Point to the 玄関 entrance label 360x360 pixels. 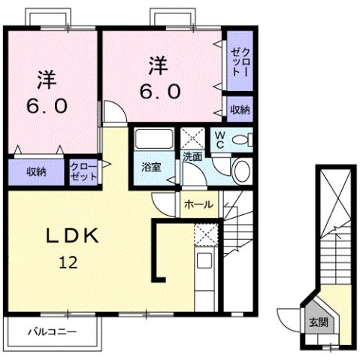coord(318,322)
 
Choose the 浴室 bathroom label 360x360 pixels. coord(152,168)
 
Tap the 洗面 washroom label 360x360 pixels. coord(192,158)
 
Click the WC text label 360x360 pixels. coord(220,140)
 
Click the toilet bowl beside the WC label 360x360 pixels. coord(242,139)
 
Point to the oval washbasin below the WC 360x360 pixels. coord(242,170)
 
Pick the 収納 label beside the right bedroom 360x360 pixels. coord(240,110)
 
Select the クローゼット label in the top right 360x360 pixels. coord(240,62)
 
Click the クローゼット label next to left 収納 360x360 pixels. coord(83,171)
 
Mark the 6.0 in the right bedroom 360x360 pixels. coord(159,92)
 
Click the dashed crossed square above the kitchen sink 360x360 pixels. coord(204,235)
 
